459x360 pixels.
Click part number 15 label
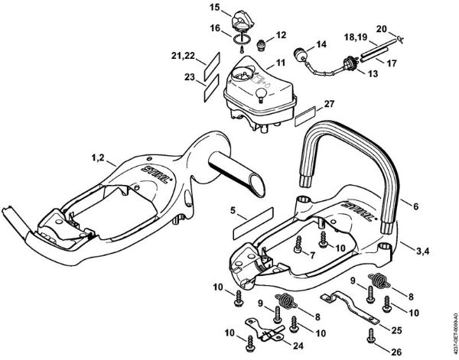(214, 8)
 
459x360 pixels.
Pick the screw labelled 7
(297, 249)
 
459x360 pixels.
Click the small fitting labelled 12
(262, 44)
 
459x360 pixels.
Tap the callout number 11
(281, 62)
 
